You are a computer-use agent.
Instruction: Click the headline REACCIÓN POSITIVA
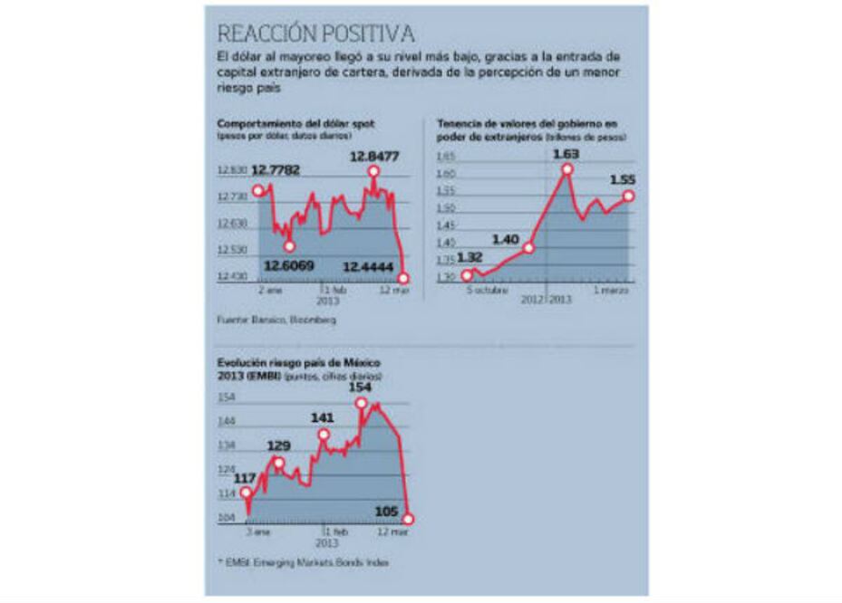pyautogui.click(x=315, y=33)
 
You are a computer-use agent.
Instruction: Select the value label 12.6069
pyautogui.click(x=289, y=264)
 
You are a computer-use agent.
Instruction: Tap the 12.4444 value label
pyautogui.click(x=368, y=264)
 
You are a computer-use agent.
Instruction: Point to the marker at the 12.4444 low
pyautogui.click(x=404, y=278)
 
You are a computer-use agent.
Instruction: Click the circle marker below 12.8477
pyautogui.click(x=373, y=172)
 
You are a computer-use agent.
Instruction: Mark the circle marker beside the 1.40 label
pyautogui.click(x=529, y=247)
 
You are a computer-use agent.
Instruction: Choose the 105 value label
pyautogui.click(x=386, y=512)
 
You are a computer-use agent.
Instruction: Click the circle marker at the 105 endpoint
pyautogui.click(x=408, y=519)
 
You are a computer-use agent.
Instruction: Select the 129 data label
pyautogui.click(x=278, y=446)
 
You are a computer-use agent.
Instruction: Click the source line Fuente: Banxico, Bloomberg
pyautogui.click(x=276, y=321)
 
